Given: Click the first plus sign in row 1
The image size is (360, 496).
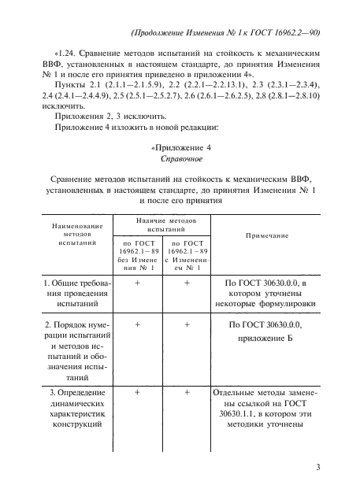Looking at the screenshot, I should point(139,281).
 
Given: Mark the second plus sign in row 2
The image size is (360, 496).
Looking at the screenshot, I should point(187,323).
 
